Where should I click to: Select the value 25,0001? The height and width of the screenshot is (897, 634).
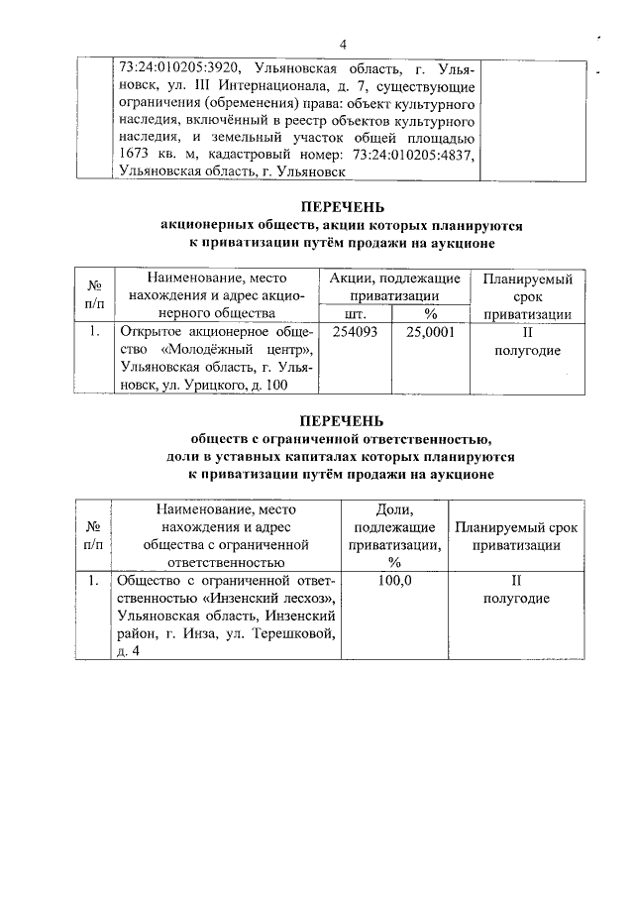click(430, 332)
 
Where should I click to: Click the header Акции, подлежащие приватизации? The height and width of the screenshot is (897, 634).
click(393, 287)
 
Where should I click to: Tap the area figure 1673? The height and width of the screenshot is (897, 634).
click(135, 154)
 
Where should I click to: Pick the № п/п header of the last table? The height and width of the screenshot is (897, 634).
click(92, 536)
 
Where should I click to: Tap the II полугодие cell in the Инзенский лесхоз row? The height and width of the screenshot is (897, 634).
click(515, 590)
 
